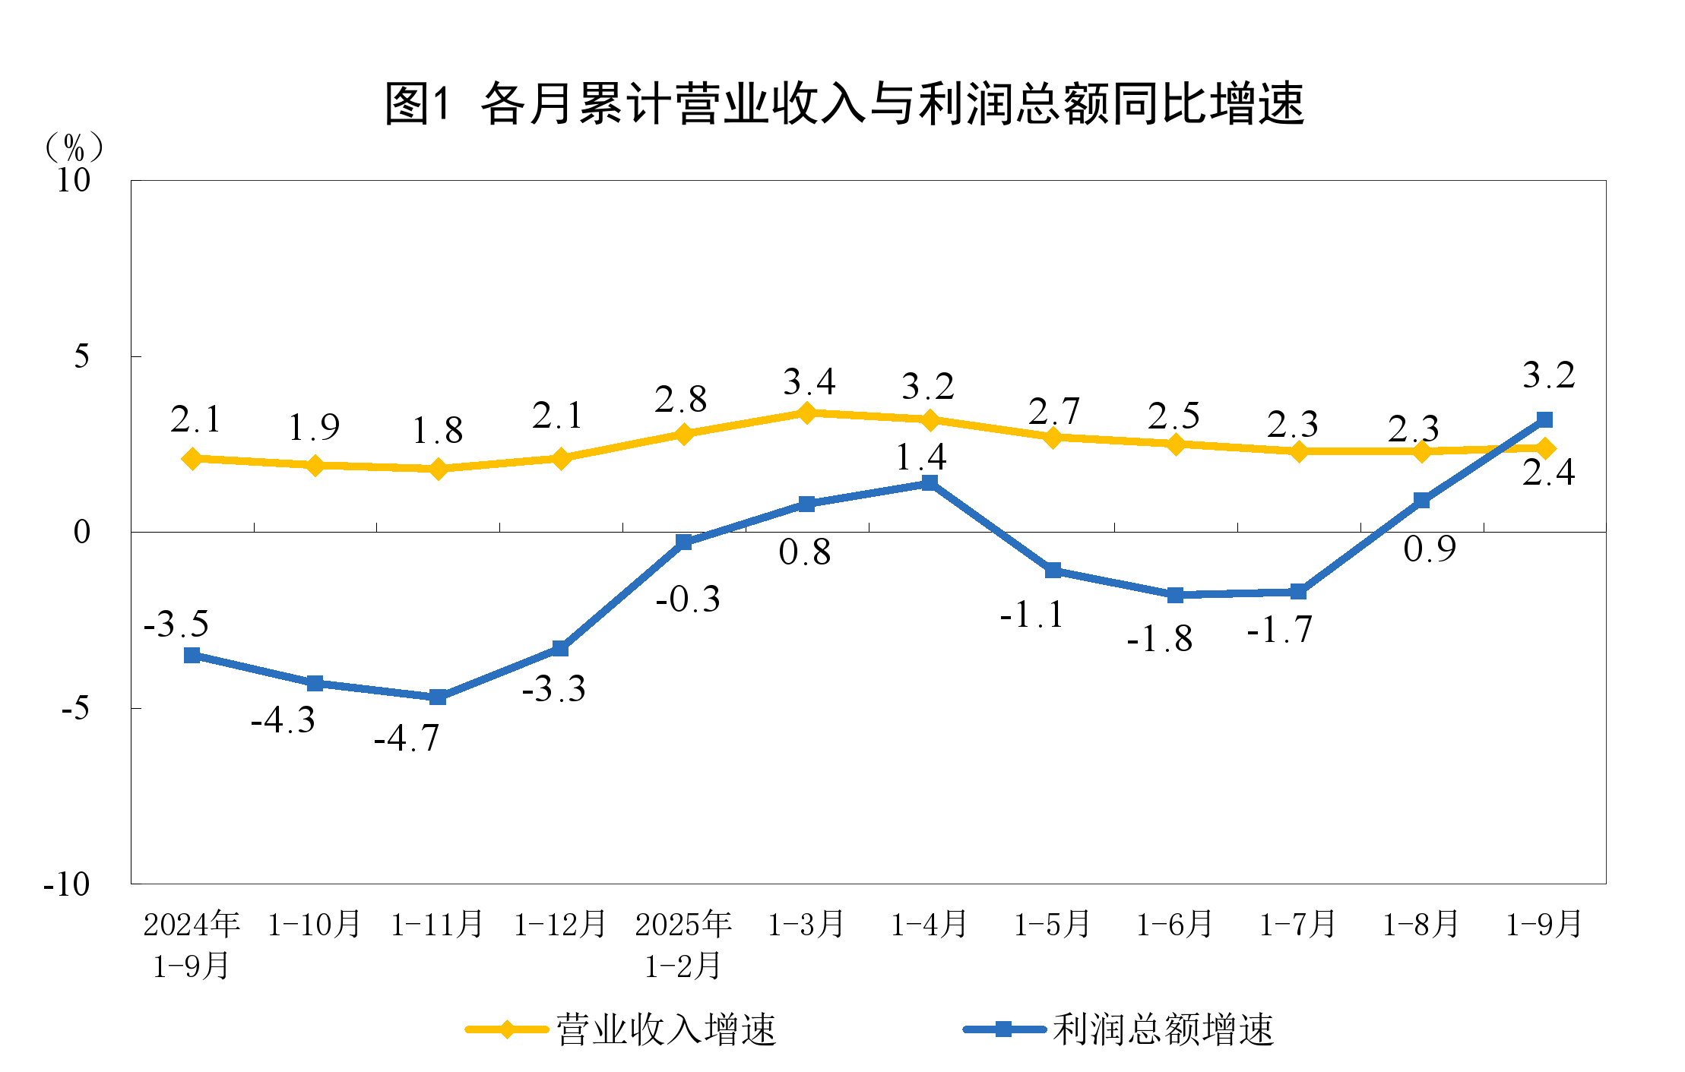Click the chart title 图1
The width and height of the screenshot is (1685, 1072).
tap(844, 103)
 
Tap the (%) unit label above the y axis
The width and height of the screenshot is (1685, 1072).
tap(73, 147)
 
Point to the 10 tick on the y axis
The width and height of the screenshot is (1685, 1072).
tap(73, 181)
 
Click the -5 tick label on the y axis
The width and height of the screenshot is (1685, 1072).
tap(74, 708)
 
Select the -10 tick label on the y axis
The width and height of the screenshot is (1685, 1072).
tap(67, 884)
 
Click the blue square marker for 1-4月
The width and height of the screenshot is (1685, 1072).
tap(929, 483)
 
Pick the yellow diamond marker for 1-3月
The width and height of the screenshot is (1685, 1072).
tap(806, 413)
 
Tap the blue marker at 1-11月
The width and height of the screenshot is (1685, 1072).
tap(438, 697)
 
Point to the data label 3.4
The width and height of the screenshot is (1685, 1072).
tap(809, 381)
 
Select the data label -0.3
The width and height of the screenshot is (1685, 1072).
tap(688, 599)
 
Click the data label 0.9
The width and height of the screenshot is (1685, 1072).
tap(1429, 549)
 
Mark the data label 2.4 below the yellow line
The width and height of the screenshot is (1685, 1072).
tap(1548, 473)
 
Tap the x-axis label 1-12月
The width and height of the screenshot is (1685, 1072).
tap(560, 925)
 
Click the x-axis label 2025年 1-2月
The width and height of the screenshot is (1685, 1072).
tap(683, 944)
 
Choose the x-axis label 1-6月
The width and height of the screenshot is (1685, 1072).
tap(1175, 925)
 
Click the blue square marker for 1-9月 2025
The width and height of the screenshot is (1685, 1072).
tap(1544, 419)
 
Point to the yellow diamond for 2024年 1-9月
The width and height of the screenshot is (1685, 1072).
tap(192, 458)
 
